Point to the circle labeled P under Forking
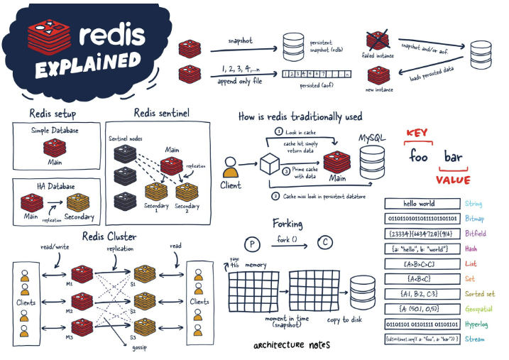[250, 241]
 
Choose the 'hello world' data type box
[420, 203]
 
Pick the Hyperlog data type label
[480, 324]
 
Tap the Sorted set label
[481, 293]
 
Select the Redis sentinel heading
[161, 113]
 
